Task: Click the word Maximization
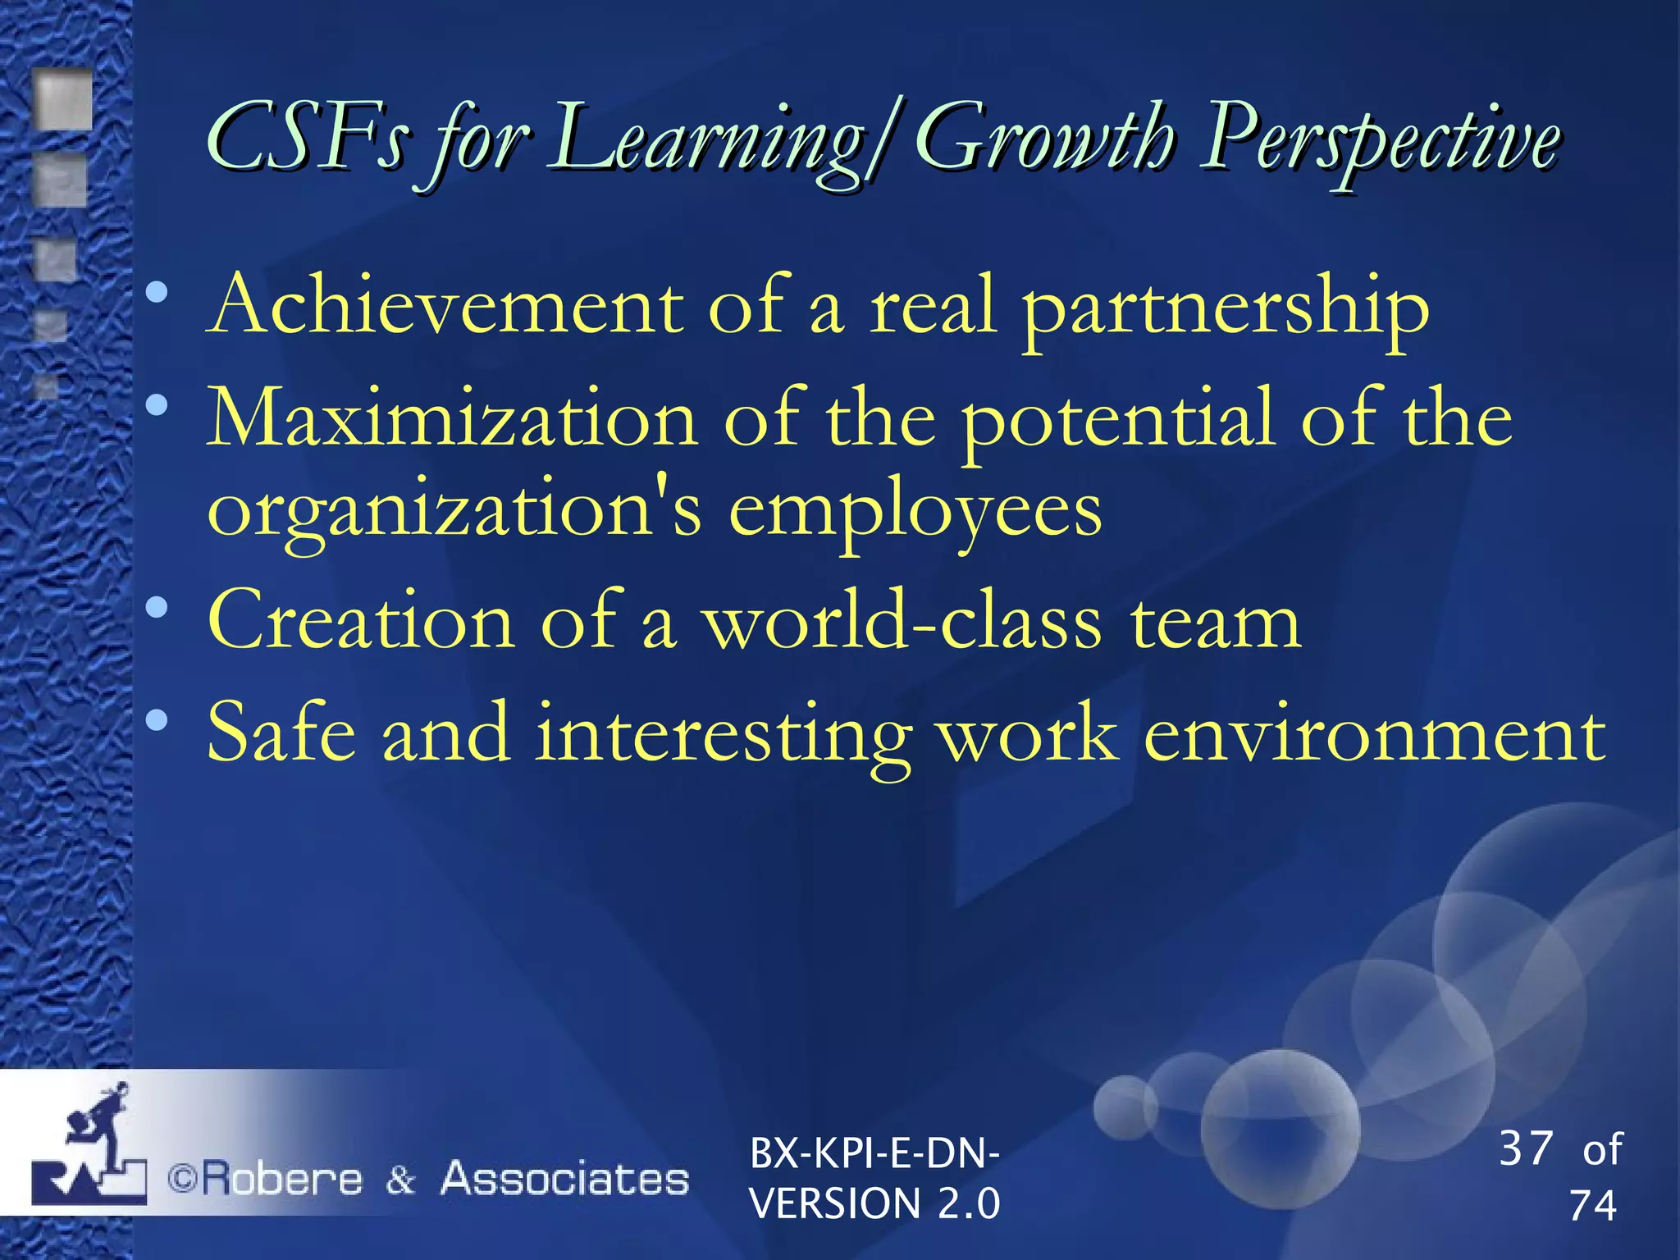pyautogui.click(x=451, y=418)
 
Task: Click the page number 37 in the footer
pyautogui.click(x=1526, y=1148)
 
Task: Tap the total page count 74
pyautogui.click(x=1592, y=1205)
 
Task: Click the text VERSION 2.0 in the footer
pyautogui.click(x=875, y=1203)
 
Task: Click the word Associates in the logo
pyautogui.click(x=564, y=1179)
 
